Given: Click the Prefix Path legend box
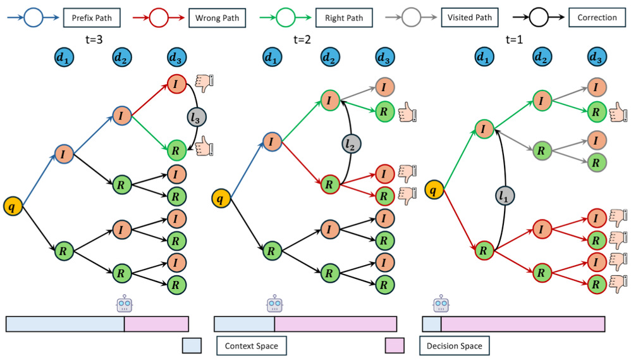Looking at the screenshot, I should pos(92,18).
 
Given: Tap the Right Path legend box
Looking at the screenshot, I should pos(344,18).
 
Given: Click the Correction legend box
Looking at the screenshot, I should pos(596,18).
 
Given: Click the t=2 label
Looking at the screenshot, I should pos(302,39).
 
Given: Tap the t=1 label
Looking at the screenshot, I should pos(515,39).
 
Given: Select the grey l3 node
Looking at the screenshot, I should pos(197,117).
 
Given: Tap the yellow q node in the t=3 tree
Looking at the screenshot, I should pos(12,206).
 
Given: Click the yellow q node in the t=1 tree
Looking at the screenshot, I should pos(433,188).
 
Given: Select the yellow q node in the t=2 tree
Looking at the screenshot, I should pos(219,199).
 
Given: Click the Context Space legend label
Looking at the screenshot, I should pos(252,346).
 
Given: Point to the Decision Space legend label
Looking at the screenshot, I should pos(454,346).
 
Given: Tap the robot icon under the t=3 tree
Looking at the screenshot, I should pos(125,305).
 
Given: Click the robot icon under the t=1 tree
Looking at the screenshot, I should pos(441,305).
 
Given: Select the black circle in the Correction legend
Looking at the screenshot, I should pos(538,18).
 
